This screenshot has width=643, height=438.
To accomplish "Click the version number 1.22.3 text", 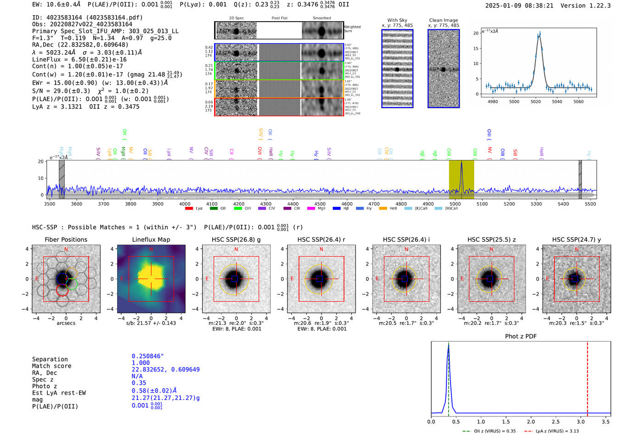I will tap(596, 6).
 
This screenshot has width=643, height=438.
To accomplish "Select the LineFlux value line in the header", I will tap(79, 59).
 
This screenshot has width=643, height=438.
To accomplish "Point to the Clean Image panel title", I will tap(443, 20).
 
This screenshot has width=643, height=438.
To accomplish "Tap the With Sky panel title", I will tap(397, 20).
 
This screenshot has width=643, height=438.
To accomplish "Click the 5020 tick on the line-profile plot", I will tap(536, 102).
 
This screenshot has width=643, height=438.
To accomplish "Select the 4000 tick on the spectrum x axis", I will tap(185, 204).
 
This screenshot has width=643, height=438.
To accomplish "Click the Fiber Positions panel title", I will tap(66, 239).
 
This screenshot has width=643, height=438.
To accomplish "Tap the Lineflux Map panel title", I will tap(151, 239).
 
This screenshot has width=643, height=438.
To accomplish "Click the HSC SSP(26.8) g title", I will tap(236, 239).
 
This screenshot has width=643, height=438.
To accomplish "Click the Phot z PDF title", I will tap(521, 336).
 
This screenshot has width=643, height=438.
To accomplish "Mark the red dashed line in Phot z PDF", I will tap(587, 377).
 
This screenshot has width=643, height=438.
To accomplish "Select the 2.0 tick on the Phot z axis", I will tap(531, 421).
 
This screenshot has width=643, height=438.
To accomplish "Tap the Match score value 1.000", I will tap(141, 363).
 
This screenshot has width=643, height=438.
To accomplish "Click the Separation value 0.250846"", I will tap(147, 356).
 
